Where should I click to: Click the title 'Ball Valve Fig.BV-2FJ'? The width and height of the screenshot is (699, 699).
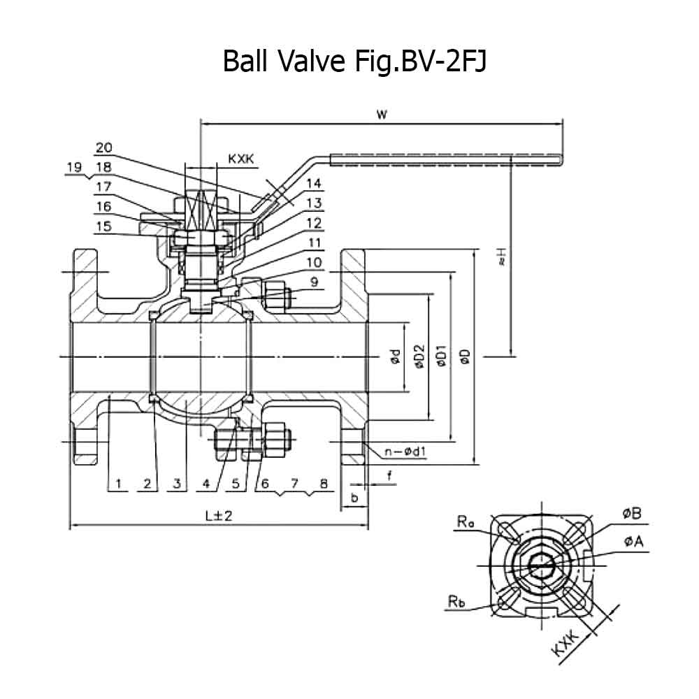(354, 61)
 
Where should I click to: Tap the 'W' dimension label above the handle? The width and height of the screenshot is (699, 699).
(382, 114)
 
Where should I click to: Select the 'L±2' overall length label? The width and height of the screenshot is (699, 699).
(219, 516)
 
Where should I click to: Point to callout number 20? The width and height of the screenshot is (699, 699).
(104, 147)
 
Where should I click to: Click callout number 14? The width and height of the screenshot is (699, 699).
(313, 183)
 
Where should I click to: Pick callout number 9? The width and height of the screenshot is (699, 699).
(315, 282)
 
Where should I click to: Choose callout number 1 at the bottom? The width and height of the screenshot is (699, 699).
(119, 483)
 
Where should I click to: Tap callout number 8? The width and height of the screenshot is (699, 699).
(324, 483)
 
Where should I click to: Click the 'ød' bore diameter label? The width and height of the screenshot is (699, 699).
(395, 357)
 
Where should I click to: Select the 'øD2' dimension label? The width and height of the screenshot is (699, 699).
(419, 357)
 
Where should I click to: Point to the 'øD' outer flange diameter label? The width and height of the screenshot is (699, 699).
(465, 356)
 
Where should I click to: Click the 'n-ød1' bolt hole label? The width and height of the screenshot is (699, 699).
(405, 452)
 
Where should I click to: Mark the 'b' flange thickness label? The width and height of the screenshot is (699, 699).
(354, 497)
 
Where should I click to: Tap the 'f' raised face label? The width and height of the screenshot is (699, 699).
(389, 475)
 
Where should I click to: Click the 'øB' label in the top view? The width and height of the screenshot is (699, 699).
(632, 514)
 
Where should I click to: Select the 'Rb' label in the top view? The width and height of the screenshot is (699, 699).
(456, 601)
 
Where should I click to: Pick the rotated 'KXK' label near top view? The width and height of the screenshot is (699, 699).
(565, 643)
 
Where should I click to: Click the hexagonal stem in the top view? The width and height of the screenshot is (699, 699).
(542, 566)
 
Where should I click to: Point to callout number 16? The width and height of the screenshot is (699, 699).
(104, 206)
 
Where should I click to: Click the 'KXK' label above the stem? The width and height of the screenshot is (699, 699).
(240, 159)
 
